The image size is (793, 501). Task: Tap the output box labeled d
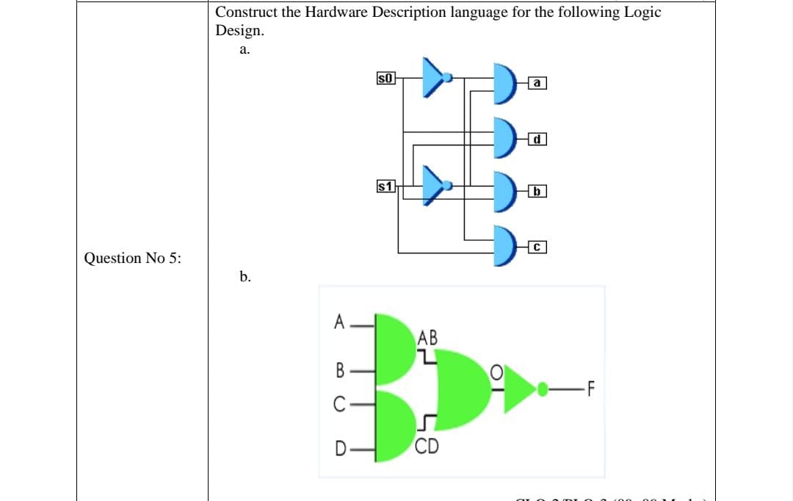pos(537,138)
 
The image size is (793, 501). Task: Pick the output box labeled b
pos(537,192)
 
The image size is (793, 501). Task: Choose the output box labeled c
pos(537,247)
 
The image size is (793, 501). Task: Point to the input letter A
pos(338,321)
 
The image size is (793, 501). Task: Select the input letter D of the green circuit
pos(339,447)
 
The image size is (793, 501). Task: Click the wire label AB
pos(427,339)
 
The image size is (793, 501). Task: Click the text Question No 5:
pos(134,258)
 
